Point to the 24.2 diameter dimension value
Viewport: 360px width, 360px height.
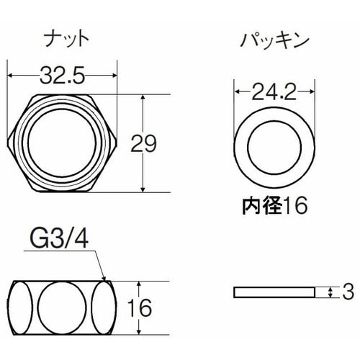tap(274, 91)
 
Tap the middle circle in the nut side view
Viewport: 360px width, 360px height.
tap(63, 305)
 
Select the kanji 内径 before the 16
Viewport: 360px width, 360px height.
tap(257, 207)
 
